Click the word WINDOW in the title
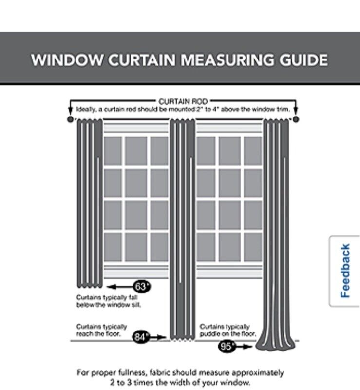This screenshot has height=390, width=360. coord(67,60)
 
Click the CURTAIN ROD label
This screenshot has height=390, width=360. coord(183,101)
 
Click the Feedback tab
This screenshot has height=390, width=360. coord(345,271)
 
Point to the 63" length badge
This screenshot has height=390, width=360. coord(141,286)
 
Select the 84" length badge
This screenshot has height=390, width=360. coord(141,336)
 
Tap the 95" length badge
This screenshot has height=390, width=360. coord(227,347)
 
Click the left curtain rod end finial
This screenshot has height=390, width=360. coord(70,119)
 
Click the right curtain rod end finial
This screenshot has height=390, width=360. coord(295,119)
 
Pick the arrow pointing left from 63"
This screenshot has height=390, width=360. coord(119,286)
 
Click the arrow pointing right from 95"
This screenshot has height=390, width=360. coord(245,347)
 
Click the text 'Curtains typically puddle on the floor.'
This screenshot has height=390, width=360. coord(227,330)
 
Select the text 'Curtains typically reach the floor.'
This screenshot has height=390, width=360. coord(101,330)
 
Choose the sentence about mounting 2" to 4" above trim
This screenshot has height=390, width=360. coord(183,110)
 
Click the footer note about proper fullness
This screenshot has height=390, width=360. coord(180,377)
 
